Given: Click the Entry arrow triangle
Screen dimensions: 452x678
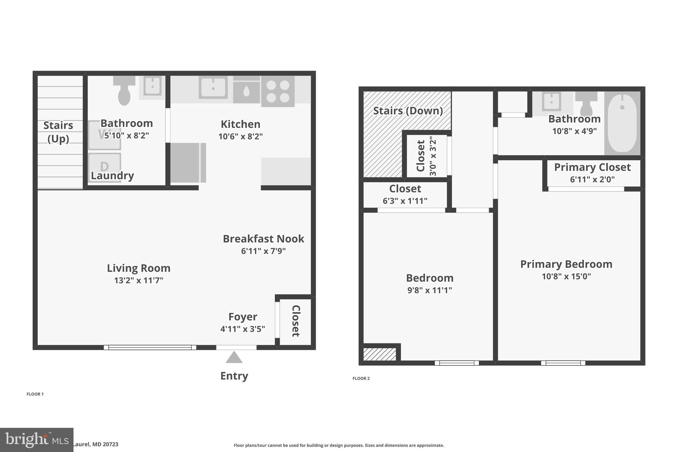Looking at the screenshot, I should coord(234,358).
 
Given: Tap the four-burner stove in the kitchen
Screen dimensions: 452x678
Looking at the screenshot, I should coord(278,91).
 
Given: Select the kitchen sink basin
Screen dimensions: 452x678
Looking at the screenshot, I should coord(213,88).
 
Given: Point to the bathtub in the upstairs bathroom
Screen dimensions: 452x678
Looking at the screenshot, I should coord(622,123).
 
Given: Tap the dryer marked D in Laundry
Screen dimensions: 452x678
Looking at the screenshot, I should coord(105,167).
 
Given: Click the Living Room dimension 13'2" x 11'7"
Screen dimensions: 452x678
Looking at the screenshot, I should coord(139,280).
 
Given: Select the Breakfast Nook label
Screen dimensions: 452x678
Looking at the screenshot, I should coord(263,239).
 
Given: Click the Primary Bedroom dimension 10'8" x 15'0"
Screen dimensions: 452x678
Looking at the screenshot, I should coord(566,276).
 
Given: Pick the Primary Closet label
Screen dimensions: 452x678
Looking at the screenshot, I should coord(592,167).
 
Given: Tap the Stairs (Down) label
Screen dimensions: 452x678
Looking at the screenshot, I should coord(408,111).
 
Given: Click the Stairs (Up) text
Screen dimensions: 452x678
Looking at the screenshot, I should coord(58,132).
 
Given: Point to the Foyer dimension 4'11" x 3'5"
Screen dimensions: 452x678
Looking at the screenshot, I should coord(243,329).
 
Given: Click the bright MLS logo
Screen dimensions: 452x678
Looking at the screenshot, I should coord(36,440).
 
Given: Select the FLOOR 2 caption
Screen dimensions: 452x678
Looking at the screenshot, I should coord(361,378).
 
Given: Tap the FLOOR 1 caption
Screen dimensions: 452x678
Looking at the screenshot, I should coord(35,394).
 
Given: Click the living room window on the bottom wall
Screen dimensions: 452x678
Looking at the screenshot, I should coord(150,347).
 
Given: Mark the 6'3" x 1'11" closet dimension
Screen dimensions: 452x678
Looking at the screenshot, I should coord(405,201).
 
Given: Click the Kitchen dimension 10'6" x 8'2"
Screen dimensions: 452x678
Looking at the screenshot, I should coord(240,136).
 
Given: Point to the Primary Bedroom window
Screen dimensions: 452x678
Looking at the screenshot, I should coord(563,363).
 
